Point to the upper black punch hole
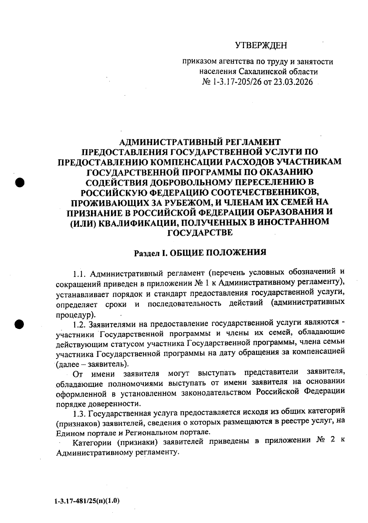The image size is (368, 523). pos(20,182)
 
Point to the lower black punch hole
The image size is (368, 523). pos(20,324)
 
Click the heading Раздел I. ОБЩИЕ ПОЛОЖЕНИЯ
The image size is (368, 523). pos(200,253)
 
